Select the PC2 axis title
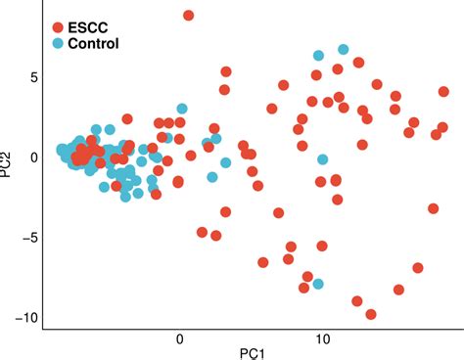[9, 157]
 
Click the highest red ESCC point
[189, 16]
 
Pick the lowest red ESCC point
[371, 314]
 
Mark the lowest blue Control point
[318, 284]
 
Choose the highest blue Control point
[344, 49]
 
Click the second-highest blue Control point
[318, 56]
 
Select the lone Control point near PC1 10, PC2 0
[322, 158]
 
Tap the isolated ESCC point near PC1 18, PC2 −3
[434, 208]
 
